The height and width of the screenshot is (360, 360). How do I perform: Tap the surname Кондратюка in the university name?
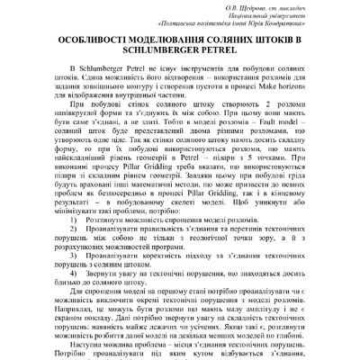click(283, 27)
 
